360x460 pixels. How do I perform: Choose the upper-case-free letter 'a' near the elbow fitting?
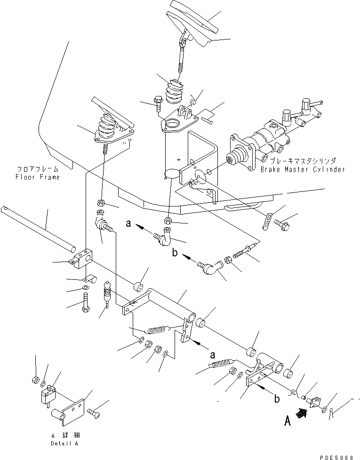[x=128, y=225]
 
